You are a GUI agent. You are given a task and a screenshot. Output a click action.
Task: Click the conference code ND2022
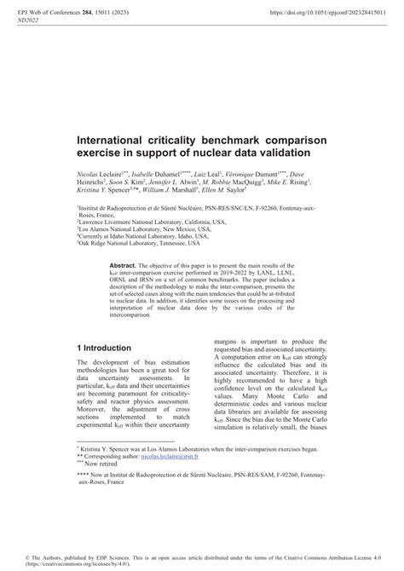click(31, 23)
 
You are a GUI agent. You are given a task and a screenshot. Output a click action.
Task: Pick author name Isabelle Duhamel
click(152, 173)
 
